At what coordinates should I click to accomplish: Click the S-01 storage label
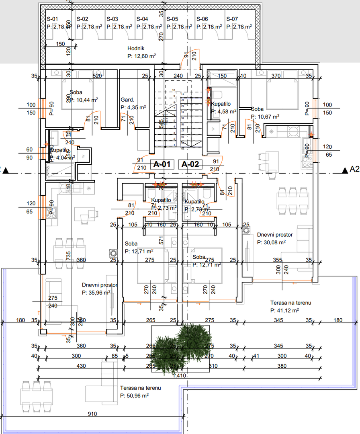click(x=53, y=19)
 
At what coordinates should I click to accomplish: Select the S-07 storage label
click(x=232, y=19)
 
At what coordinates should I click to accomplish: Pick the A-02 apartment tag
click(x=190, y=164)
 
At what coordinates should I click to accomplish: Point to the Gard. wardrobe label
click(x=127, y=100)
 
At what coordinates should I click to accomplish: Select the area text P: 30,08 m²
click(x=271, y=242)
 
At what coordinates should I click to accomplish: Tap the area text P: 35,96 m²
click(x=96, y=293)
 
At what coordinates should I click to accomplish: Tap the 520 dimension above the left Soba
click(x=97, y=76)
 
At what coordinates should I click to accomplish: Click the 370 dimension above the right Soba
click(x=275, y=76)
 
